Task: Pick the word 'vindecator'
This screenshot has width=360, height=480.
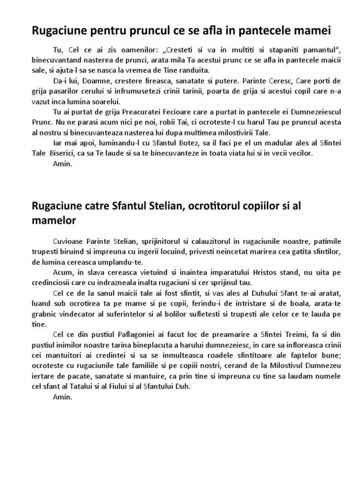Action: pyautogui.click(x=82, y=314)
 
